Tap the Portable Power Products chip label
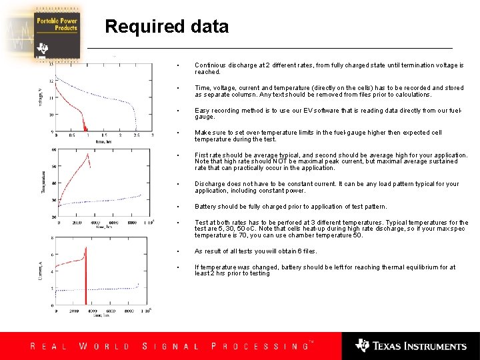57,25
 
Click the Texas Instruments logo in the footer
411,345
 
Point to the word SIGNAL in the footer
171,346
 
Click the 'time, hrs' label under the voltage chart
102,143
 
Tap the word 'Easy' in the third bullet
201,111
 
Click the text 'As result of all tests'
227,251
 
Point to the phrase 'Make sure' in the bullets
209,133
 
